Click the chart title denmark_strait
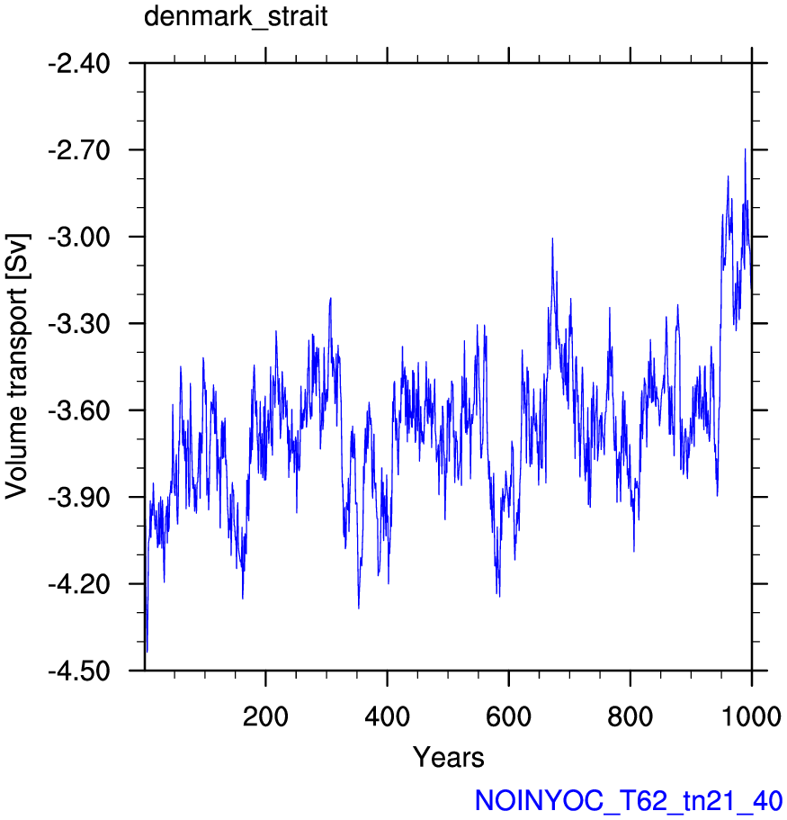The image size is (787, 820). [236, 17]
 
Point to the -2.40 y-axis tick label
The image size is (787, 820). [79, 64]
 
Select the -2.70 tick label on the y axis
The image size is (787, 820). [79, 150]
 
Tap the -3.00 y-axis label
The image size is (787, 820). [79, 238]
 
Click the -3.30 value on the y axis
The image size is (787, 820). [79, 324]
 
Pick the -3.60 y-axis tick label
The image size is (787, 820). [79, 411]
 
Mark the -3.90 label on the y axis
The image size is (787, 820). [79, 498]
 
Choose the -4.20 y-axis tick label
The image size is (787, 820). [79, 584]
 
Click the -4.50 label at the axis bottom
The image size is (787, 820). [79, 671]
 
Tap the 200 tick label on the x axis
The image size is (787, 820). [265, 716]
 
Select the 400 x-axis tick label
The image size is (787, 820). [388, 716]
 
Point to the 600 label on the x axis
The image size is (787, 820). [508, 716]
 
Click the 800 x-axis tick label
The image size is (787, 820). [630, 716]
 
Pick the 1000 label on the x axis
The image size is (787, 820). [751, 716]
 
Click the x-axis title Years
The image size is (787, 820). [449, 757]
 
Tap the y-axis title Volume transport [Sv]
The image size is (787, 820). [17, 366]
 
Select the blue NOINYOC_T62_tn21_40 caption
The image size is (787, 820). [628, 801]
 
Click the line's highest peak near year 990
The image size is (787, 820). [745, 149]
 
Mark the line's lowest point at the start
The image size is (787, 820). [147, 652]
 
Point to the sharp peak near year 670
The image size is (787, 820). [552, 239]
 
